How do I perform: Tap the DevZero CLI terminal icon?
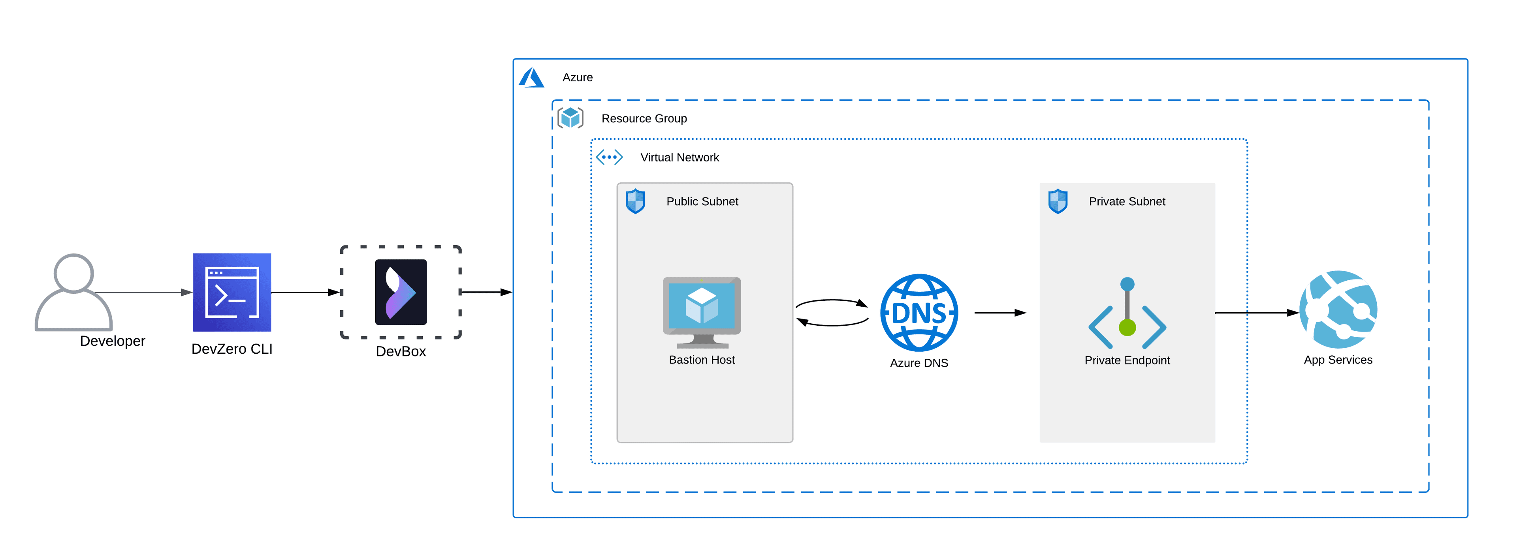(232, 293)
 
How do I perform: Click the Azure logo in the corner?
(531, 78)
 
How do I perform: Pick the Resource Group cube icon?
(570, 118)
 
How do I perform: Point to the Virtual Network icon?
(609, 157)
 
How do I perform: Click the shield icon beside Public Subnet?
(635, 201)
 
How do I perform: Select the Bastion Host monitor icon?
(702, 312)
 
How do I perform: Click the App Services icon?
(1338, 309)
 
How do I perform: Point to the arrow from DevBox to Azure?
(486, 292)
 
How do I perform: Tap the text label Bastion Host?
(702, 360)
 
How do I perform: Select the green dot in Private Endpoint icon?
(1127, 328)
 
